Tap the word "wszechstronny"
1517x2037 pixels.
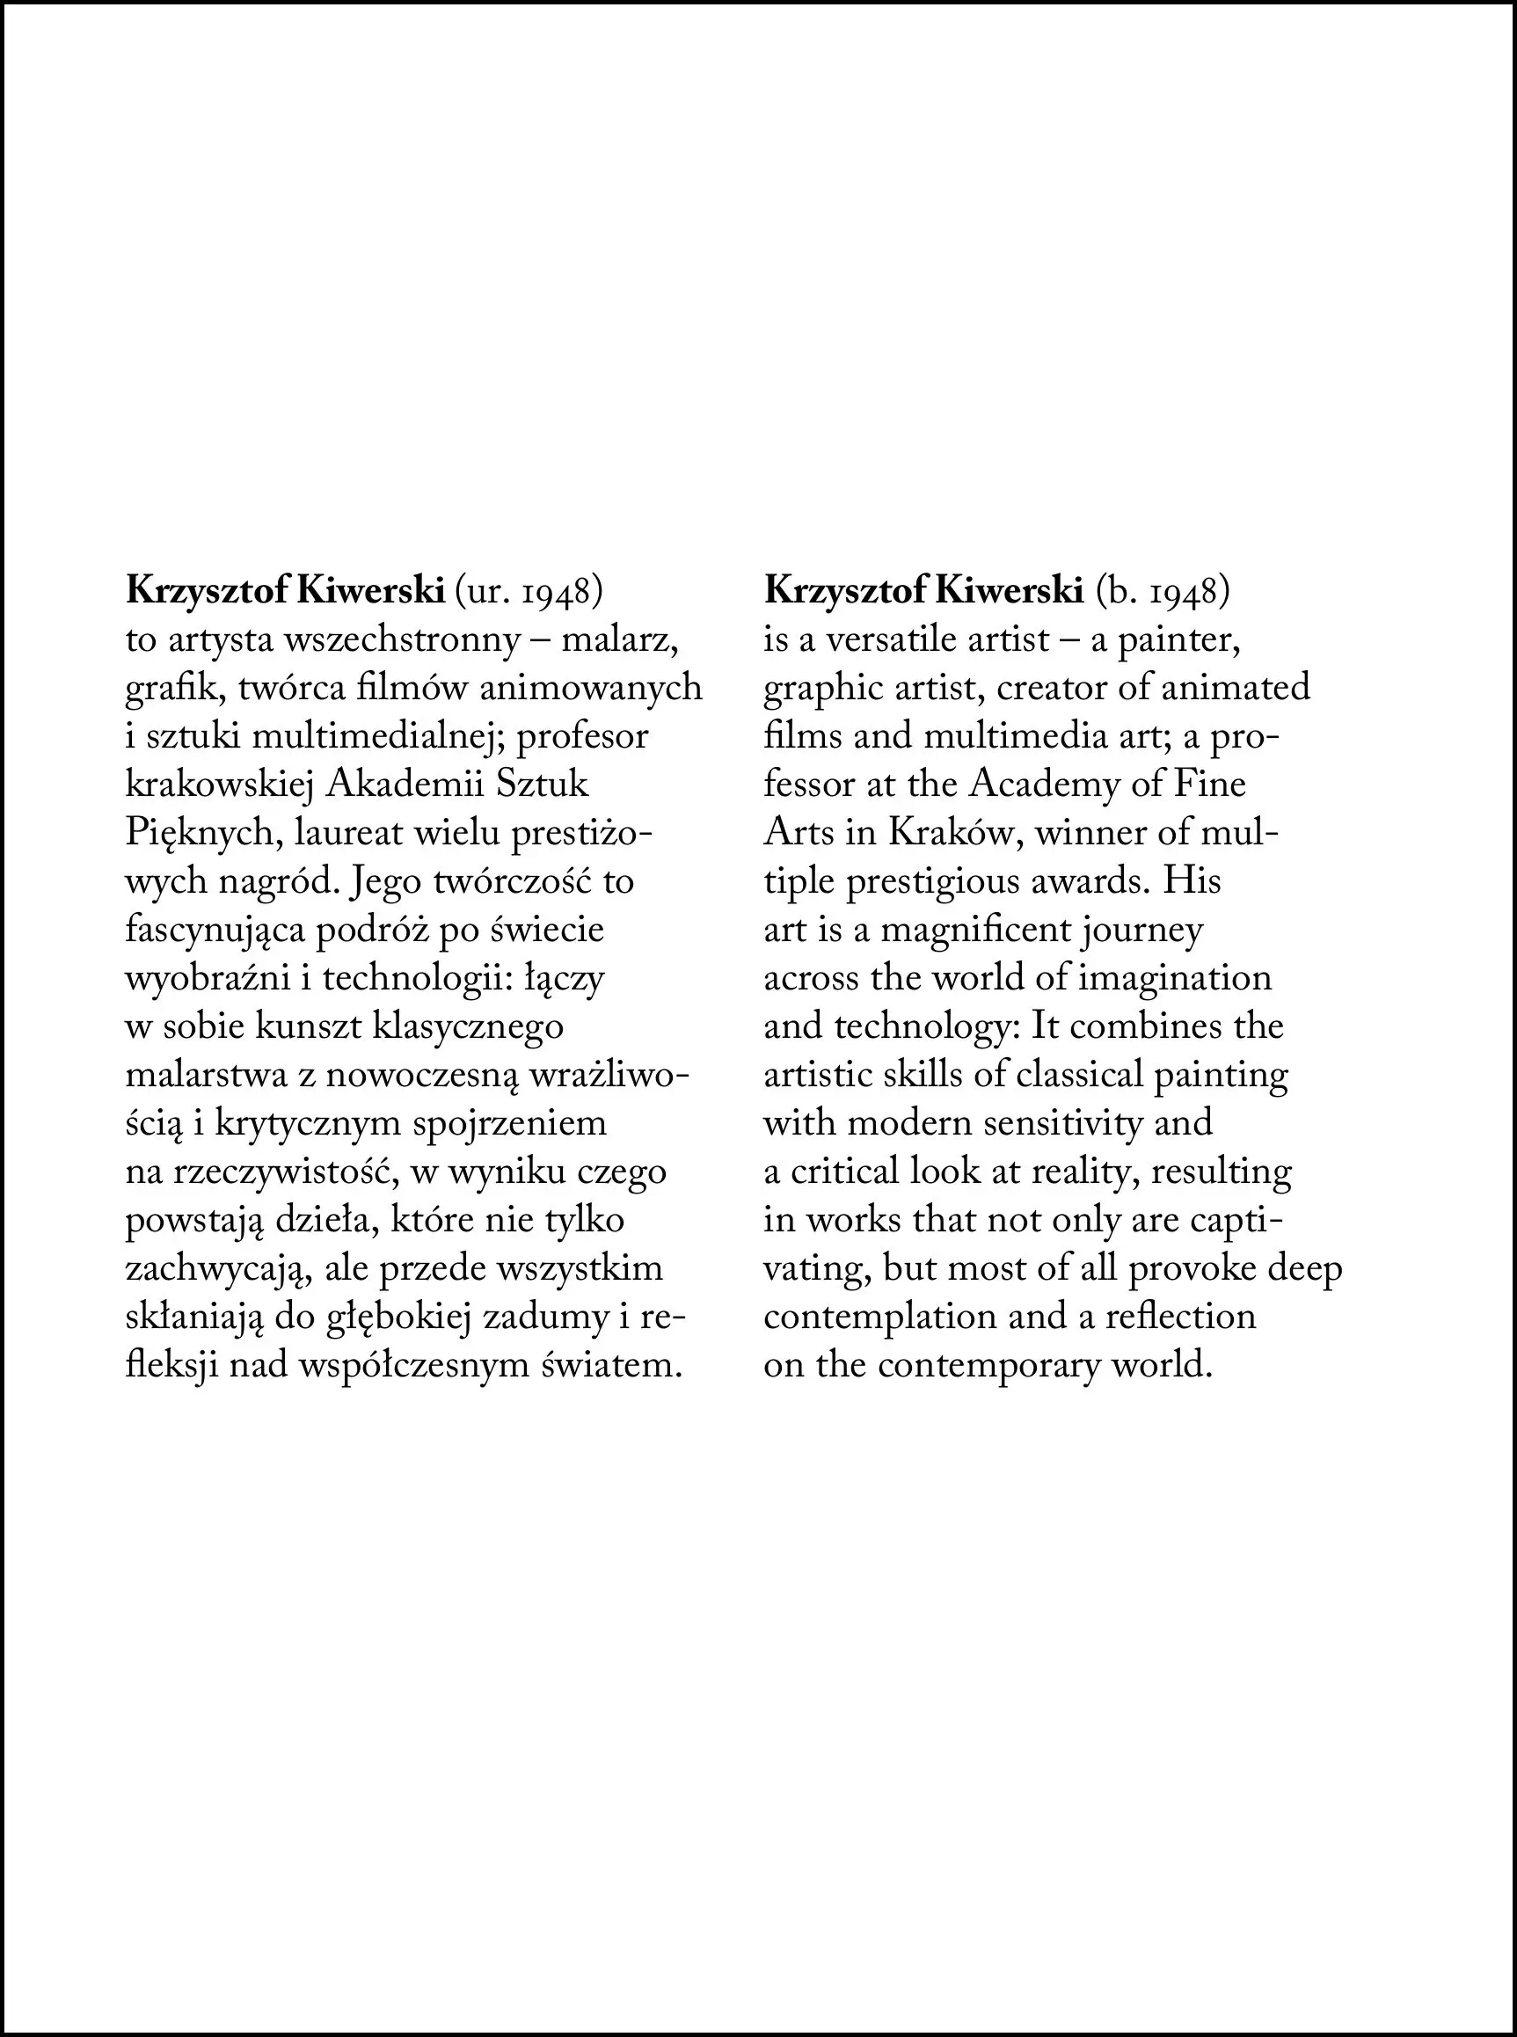(402, 640)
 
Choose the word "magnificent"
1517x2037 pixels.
(975, 931)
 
